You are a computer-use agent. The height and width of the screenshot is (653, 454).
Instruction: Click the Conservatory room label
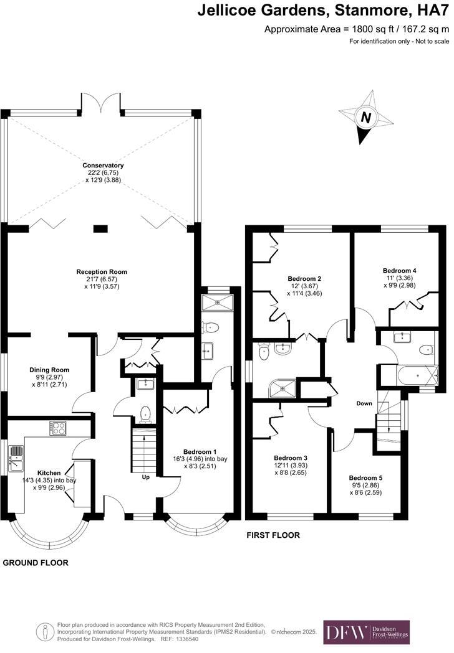click(103, 166)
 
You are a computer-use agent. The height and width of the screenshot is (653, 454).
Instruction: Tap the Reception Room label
click(102, 272)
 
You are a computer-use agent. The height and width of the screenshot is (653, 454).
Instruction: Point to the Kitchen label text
click(49, 472)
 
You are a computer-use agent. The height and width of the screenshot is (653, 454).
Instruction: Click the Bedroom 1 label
click(200, 451)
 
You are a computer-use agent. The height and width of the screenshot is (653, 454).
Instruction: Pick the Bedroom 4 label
click(399, 271)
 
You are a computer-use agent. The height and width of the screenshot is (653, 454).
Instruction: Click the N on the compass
click(366, 117)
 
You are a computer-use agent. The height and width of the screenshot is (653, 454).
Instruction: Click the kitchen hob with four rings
click(59, 428)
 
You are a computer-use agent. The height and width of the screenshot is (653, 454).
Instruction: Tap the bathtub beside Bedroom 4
click(409, 376)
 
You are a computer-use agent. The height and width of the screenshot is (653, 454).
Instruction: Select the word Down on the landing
click(364, 403)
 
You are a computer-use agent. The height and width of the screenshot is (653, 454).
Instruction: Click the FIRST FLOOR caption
click(273, 535)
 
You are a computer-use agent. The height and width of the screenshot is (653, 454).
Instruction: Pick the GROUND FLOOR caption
click(36, 563)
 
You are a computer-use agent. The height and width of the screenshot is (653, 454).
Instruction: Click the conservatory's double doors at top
click(102, 103)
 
